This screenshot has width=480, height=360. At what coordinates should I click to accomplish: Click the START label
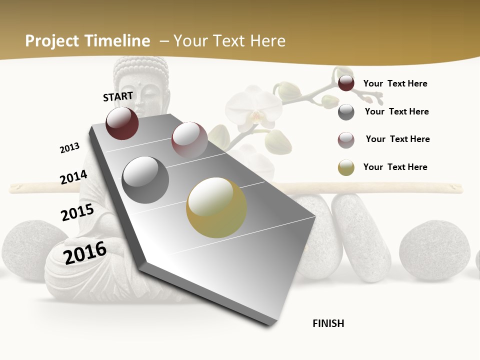pos(118,96)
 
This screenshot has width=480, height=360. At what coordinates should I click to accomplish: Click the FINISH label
pos(328,323)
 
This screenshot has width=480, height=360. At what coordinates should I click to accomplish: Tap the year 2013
pos(69,148)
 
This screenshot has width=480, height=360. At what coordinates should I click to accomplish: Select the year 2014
pos(73,177)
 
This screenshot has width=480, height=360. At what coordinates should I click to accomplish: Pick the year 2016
pos(85,252)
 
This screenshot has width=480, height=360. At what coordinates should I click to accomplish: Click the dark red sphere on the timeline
pos(122,123)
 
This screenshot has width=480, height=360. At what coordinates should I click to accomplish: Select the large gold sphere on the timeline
pos(216,207)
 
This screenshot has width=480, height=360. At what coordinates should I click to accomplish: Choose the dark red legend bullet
pos(346,83)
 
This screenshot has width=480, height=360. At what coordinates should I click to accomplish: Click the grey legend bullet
pos(346,112)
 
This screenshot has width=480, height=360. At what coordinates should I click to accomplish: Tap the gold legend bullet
pos(346,167)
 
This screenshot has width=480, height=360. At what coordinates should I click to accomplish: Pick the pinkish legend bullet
pos(346,140)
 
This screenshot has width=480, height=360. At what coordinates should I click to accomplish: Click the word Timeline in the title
pos(117,41)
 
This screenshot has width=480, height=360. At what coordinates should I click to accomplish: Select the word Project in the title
pos(52,41)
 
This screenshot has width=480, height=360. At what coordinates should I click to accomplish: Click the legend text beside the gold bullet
pos(395,167)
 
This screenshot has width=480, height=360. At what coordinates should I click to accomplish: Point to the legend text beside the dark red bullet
pos(395,83)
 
